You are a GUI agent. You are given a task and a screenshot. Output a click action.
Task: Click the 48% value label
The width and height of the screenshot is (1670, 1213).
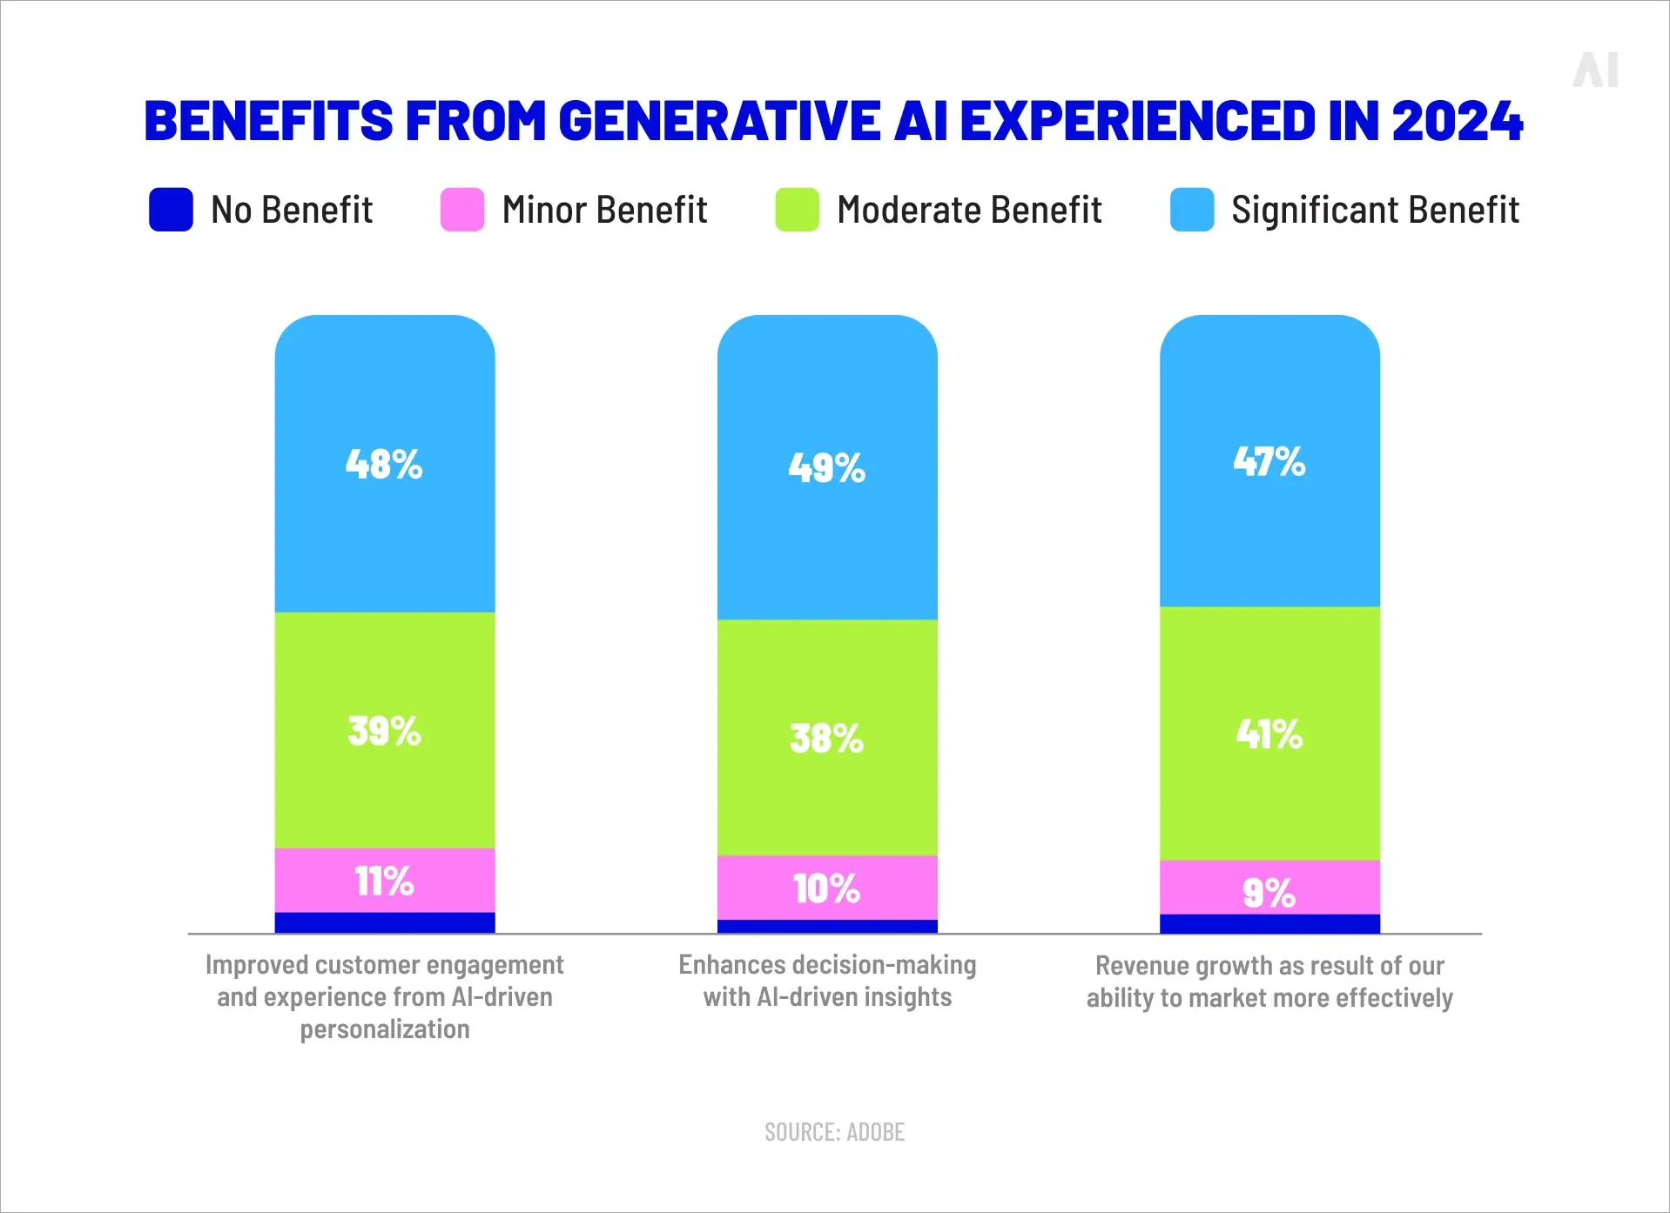pos(384,464)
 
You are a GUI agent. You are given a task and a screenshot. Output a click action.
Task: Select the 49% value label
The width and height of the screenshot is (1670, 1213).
pos(826,468)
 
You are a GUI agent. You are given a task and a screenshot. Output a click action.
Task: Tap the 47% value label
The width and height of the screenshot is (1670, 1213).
pos(1269,461)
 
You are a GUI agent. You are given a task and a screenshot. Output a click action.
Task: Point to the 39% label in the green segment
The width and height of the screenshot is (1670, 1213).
pos(384,731)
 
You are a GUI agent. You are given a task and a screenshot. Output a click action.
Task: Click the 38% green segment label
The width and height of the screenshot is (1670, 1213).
pos(826,738)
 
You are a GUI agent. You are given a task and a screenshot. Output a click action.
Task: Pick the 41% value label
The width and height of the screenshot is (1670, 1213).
pos(1269,734)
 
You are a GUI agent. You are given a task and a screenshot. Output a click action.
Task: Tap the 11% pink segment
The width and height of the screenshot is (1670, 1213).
pos(384,881)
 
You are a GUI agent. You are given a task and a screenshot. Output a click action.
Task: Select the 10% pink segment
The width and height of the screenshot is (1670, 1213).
pos(826,888)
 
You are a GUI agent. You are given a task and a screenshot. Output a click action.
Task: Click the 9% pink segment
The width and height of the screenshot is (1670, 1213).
pos(1269,892)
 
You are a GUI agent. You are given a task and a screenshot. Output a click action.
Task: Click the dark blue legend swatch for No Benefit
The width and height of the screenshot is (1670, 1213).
pos(171,210)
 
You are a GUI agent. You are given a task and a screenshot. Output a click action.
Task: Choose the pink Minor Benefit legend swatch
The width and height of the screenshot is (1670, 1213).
pos(462,210)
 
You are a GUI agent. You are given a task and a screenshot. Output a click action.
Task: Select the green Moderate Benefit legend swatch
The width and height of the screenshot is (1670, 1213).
pos(797,210)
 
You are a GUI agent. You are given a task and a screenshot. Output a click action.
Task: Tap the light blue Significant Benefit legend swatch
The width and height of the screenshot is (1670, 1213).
pos(1192,210)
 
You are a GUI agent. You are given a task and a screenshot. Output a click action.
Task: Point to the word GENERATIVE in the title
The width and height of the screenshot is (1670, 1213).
pos(719,120)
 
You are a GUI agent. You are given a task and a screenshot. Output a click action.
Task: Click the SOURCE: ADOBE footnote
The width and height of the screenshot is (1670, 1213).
pos(834,1132)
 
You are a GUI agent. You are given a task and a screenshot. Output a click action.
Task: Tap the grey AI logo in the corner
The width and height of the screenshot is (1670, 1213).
pos(1595,70)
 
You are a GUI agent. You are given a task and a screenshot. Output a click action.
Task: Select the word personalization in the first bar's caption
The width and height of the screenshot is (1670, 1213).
pos(384,1029)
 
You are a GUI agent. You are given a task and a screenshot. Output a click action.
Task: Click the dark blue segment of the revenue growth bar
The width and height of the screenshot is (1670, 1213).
pos(1269,924)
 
